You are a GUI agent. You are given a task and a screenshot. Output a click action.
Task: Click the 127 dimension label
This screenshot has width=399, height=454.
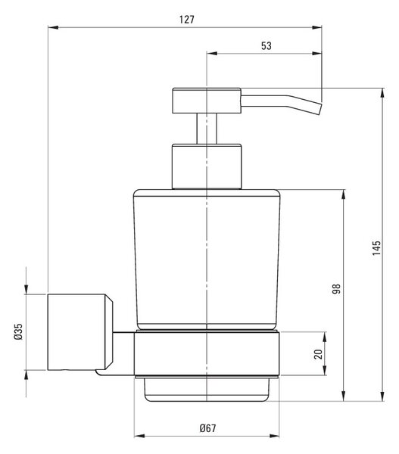point(186,20)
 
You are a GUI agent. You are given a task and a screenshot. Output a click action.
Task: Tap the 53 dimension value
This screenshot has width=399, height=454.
point(267,45)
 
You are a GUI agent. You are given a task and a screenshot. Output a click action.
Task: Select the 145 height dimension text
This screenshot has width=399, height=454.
point(376,248)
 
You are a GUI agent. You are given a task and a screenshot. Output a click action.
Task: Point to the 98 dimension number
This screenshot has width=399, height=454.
point(336,289)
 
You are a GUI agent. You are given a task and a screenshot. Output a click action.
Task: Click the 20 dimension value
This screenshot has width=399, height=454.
point(318,354)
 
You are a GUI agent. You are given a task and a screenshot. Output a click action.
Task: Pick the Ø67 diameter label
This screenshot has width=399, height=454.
point(207,428)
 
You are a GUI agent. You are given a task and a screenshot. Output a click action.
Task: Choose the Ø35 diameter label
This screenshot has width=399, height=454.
point(18,331)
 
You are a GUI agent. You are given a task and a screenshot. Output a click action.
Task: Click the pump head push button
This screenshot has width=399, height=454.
point(207,101)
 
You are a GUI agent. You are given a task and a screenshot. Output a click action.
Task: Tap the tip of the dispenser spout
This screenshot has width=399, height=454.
point(320,109)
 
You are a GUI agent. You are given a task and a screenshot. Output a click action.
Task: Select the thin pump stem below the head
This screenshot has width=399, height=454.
point(207,129)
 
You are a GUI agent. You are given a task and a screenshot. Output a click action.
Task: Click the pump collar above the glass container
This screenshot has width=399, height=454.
point(207,166)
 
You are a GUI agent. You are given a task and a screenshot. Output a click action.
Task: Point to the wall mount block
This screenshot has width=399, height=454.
point(80,332)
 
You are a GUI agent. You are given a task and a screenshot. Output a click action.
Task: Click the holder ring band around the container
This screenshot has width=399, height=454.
point(207,354)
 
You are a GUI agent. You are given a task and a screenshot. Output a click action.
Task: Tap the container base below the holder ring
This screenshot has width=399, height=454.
point(207,390)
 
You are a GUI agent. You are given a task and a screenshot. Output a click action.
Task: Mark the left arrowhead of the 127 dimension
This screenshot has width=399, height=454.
point(53,27)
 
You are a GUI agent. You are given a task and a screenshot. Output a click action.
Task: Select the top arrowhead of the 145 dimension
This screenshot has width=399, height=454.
point(382,93)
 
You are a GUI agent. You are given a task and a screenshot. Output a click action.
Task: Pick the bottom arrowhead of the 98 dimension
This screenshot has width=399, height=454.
point(344,396)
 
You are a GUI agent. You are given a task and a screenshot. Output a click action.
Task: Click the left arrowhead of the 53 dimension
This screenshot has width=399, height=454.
point(212,53)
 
